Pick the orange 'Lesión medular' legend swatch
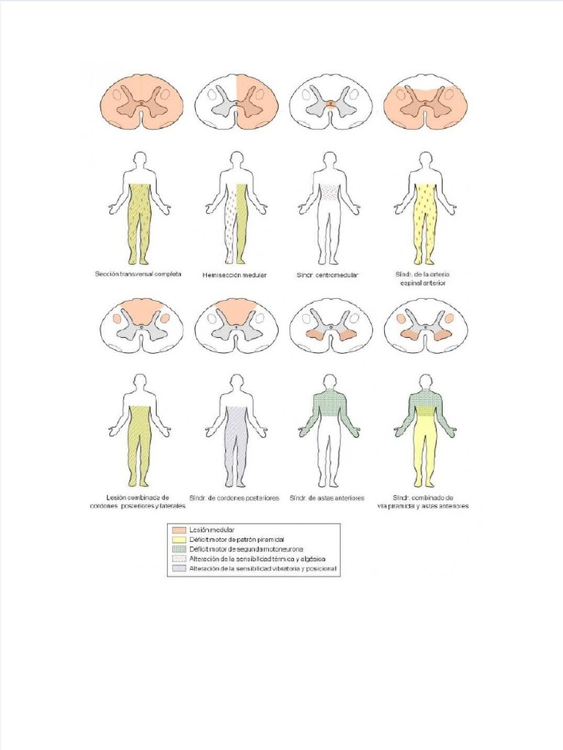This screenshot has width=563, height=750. click(x=179, y=529)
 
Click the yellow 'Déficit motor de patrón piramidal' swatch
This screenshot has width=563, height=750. click(x=179, y=539)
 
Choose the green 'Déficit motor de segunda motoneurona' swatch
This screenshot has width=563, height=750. click(x=179, y=549)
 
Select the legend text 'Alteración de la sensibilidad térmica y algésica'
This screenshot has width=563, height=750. click(x=257, y=559)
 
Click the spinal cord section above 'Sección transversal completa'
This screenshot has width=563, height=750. click(x=140, y=103)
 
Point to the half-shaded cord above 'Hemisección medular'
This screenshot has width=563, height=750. click(x=237, y=103)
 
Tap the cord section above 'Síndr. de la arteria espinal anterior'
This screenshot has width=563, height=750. click(x=425, y=103)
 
